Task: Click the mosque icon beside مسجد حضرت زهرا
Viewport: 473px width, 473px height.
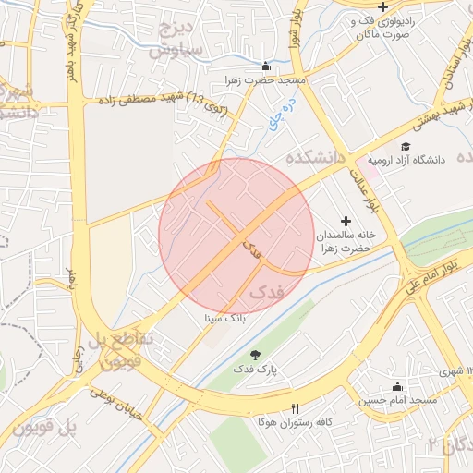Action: click(266, 66)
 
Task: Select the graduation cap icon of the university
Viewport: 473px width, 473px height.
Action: click(405, 145)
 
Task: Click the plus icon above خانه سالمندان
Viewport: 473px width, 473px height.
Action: click(346, 221)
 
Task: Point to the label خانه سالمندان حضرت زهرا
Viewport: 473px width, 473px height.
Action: click(341, 242)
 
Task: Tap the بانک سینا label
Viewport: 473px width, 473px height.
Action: click(226, 317)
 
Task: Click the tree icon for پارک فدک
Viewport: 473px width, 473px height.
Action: click(255, 355)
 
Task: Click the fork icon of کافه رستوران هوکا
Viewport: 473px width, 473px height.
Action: click(296, 408)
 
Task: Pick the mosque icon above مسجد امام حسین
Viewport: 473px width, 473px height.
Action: click(398, 386)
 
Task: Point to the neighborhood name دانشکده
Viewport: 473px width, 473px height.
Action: click(315, 158)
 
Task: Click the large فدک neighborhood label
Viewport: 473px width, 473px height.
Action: click(267, 293)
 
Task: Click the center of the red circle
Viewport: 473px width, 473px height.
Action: click(236, 236)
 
